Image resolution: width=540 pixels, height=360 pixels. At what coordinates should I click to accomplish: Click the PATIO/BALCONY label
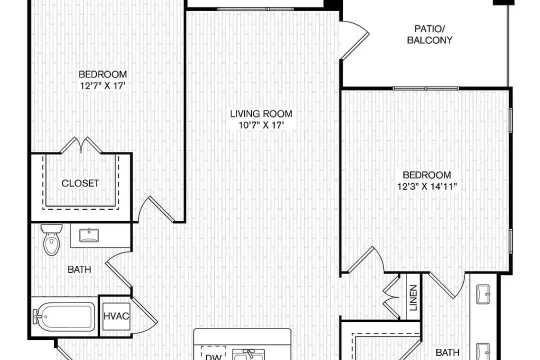pos(429,34)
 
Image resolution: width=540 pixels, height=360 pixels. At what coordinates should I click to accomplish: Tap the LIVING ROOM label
pos(261,113)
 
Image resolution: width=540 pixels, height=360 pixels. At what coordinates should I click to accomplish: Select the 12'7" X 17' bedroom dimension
pos(102,85)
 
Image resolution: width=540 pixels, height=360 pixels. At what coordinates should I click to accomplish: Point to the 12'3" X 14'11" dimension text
pos(427,186)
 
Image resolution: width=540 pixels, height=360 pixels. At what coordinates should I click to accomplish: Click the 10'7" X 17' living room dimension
pos(261,124)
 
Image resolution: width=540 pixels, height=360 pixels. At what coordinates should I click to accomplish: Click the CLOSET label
pos(80,183)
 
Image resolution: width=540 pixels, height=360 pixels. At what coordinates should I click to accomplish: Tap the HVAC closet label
pos(116,316)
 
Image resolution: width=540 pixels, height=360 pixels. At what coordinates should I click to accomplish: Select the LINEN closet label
pos(413,297)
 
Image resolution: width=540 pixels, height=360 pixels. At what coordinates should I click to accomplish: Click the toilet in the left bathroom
pos(51,240)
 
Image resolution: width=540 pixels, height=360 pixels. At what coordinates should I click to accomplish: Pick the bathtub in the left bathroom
pos(63,316)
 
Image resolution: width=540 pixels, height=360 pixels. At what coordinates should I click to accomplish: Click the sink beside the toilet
pos(89,235)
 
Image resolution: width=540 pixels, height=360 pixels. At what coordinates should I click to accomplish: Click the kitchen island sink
pos(248,354)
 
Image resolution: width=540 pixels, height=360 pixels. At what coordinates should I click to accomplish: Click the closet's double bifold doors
pos(81,145)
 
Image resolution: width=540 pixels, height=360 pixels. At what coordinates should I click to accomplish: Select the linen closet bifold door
pos(391,297)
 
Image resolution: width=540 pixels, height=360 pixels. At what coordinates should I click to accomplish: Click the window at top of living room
pos(255,9)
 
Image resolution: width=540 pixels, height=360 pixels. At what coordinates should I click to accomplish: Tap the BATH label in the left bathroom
pos(79,269)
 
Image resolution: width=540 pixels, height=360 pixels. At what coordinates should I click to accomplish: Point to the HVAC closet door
pos(144,315)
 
